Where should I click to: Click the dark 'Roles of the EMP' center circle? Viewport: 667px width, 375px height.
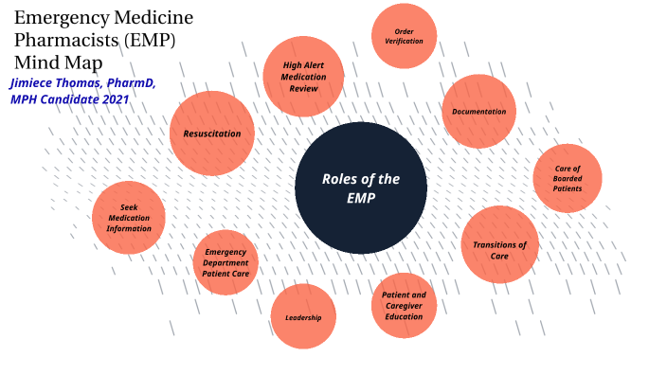pos(361,187)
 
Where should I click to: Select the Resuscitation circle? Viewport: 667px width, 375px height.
pos(212,134)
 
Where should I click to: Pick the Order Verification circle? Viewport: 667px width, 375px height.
pos(405,37)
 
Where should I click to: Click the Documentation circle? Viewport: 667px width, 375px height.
pos(478,112)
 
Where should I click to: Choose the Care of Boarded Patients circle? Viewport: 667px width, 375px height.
pos(568,178)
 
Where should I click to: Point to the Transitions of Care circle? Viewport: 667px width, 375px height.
pos(499,244)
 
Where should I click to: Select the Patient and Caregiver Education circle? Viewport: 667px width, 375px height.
pos(405,306)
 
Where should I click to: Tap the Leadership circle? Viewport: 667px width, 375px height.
pos(303,316)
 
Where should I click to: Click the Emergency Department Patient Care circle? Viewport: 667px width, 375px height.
pos(226,261)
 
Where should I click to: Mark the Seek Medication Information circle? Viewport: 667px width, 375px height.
pos(129,218)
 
